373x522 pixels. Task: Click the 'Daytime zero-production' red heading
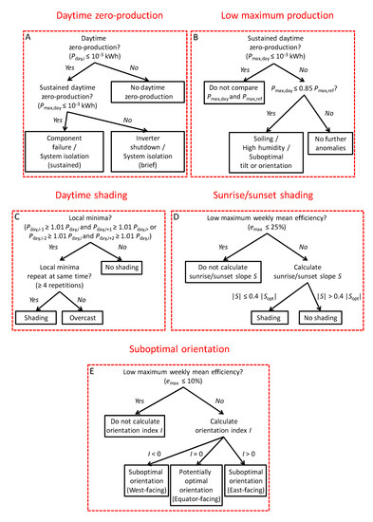(x=92, y=13)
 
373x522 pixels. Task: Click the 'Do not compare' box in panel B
(x=231, y=95)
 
